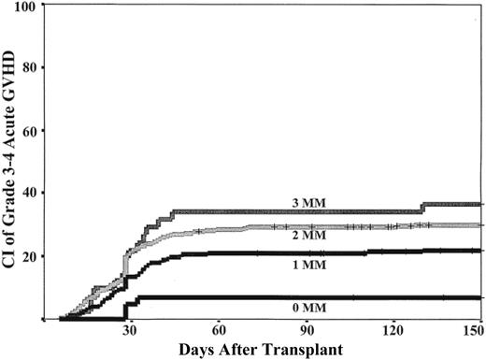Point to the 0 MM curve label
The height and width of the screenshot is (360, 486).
coord(306,307)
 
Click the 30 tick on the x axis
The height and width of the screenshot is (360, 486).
coord(129,330)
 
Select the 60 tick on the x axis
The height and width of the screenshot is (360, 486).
coord(218,330)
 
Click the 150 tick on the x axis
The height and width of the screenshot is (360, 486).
coord(473,330)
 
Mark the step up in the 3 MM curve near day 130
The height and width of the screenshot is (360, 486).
coord(422,208)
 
